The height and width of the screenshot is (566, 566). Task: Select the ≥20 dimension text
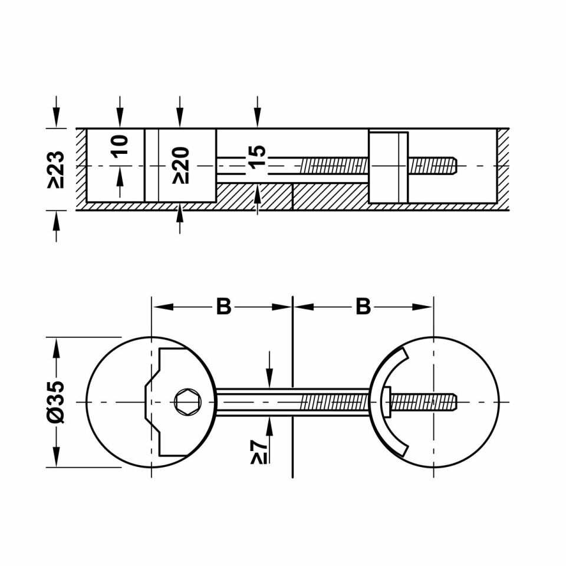180,166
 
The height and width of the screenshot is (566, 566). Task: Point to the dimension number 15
257,158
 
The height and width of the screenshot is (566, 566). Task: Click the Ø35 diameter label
56,402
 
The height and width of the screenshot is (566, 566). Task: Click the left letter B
223,307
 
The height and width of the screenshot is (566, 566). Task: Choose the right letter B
363,307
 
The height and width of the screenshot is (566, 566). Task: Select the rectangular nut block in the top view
387,167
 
